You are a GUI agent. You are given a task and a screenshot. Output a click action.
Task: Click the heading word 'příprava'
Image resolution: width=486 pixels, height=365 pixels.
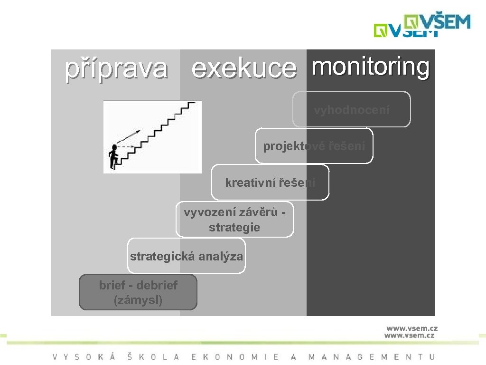coord(116,68)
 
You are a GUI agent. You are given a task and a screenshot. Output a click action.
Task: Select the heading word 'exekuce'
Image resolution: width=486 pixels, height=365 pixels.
coord(244,69)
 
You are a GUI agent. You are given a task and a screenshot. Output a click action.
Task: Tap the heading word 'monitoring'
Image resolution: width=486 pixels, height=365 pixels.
coord(371,67)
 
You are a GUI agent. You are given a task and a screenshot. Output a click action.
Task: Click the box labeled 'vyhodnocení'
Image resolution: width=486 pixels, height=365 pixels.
coord(352,110)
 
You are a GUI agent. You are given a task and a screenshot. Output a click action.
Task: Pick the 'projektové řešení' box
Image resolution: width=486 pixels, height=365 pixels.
coord(314,146)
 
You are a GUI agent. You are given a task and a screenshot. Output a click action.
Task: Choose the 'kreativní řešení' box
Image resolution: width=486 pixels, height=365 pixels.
coord(270,182)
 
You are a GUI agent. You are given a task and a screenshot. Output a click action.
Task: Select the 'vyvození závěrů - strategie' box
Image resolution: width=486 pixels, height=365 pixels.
coord(234,220)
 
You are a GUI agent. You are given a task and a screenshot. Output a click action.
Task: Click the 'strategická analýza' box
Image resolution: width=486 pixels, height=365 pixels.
coord(187,256)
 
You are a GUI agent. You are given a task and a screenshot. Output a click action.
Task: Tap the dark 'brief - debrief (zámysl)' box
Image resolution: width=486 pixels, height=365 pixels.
coord(138,292)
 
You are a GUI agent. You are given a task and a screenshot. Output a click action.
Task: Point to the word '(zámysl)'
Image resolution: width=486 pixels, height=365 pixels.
coord(138,300)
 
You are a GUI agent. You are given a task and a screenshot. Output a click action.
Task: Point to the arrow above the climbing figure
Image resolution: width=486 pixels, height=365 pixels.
coord(128,137)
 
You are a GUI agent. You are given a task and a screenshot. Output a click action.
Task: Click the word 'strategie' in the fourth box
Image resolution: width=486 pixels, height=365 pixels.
coord(234,227)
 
